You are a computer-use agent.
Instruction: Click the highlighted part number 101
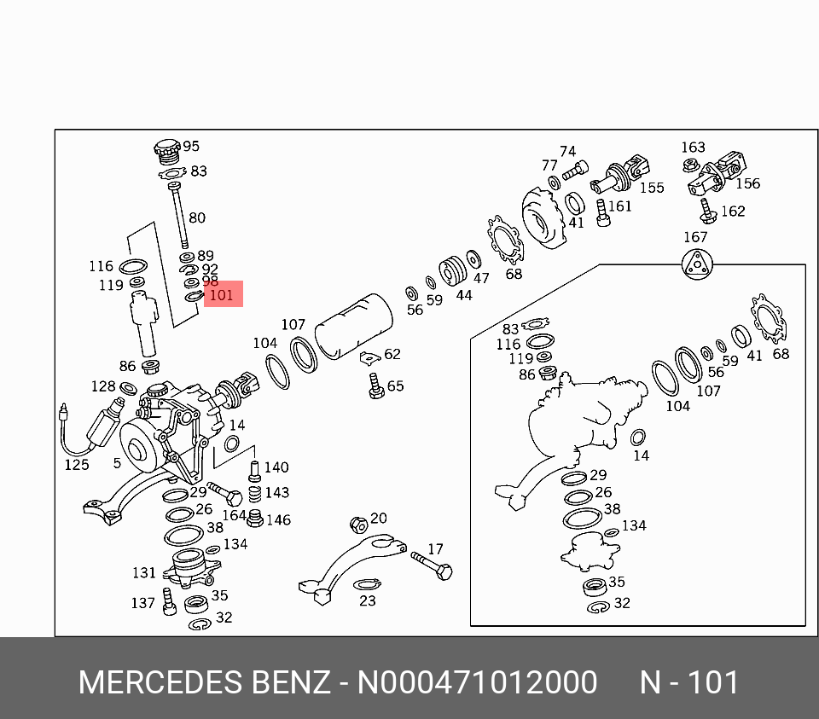click(x=221, y=295)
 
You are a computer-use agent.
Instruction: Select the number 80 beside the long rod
click(x=196, y=218)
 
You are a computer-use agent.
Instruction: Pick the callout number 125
click(x=77, y=465)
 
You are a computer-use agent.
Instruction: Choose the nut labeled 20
click(x=359, y=523)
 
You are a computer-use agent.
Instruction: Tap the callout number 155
click(x=652, y=188)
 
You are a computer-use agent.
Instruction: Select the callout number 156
click(x=747, y=183)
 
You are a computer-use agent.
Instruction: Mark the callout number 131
click(x=144, y=573)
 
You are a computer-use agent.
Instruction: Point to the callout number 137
click(x=142, y=603)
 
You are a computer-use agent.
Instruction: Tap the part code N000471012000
click(x=477, y=683)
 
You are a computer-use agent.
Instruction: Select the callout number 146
click(x=278, y=519)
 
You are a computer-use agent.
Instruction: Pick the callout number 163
click(x=693, y=148)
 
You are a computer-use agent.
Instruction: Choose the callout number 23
click(x=367, y=600)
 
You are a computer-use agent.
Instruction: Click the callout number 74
click(x=567, y=151)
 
